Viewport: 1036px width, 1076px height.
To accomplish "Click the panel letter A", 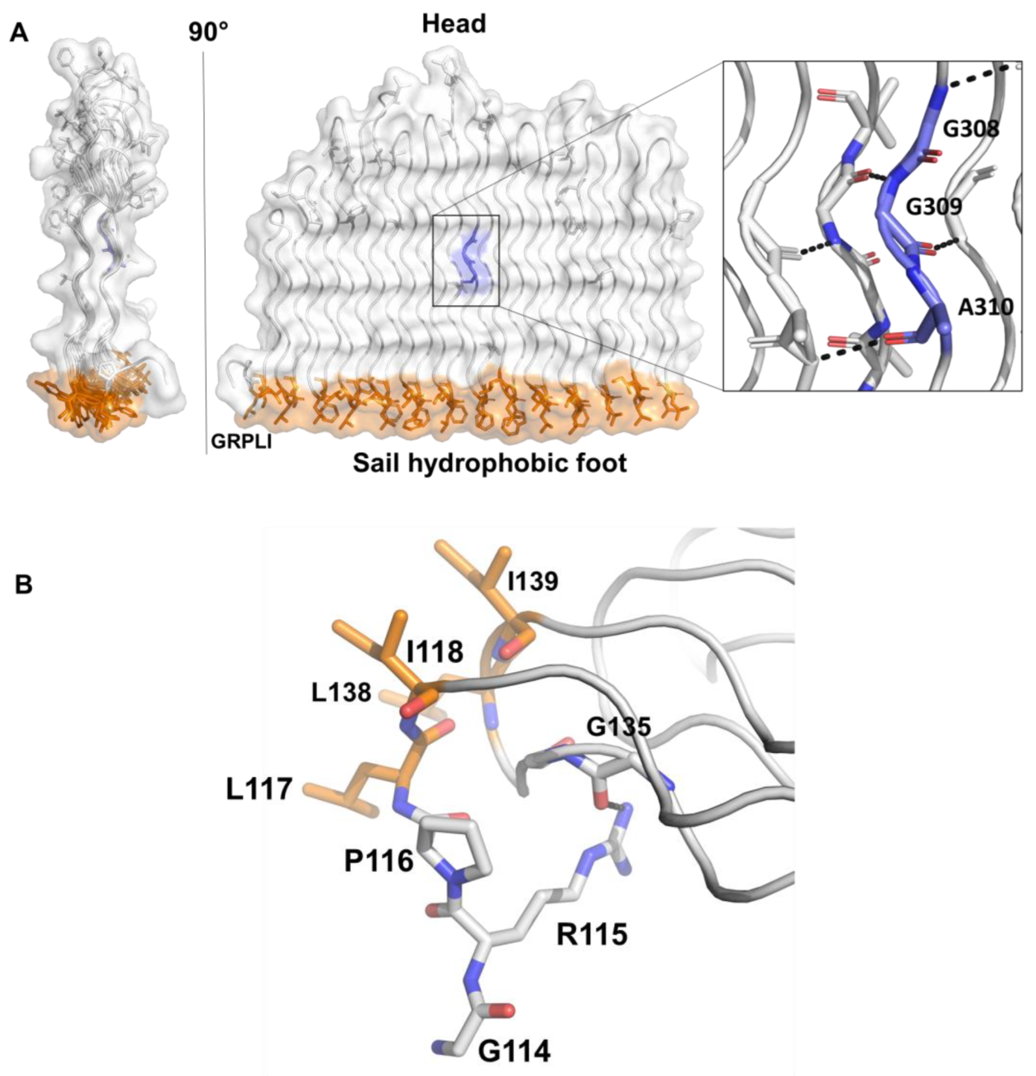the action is click(x=19, y=32).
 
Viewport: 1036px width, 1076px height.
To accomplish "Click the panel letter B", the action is click(x=23, y=585).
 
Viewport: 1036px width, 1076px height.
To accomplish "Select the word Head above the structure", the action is click(x=454, y=24).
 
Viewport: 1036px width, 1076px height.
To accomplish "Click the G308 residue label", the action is click(x=971, y=129).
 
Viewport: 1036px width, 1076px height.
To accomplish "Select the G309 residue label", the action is click(x=934, y=207).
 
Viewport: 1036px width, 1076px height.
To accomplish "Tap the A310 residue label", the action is click(x=985, y=307).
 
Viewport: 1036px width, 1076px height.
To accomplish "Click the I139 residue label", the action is click(x=533, y=581).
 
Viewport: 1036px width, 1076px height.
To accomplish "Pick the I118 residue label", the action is click(x=434, y=651).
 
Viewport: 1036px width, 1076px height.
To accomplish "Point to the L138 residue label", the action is click(x=341, y=693).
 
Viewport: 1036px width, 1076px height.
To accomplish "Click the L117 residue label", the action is click(x=259, y=790).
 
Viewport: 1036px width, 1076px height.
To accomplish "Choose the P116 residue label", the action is click(x=379, y=861).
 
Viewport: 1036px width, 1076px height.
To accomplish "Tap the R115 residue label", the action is click(x=592, y=935).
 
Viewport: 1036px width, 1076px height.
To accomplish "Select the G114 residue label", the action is click(x=514, y=1051).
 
